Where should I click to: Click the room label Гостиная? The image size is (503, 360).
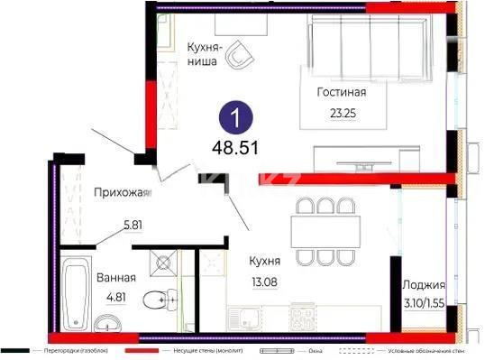(342, 92)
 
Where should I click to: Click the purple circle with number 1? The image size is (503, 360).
(236, 118)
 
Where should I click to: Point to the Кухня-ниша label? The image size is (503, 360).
(207, 55)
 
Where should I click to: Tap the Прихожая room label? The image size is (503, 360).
(121, 191)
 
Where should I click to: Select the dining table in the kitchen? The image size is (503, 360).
(326, 230)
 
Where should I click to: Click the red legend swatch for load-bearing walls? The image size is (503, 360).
(142, 349)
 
